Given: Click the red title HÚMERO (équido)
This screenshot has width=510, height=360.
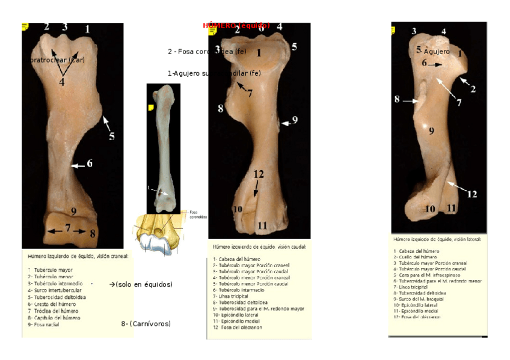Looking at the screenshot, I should click(236, 26).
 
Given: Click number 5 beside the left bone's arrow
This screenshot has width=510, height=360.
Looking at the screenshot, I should click(111, 136).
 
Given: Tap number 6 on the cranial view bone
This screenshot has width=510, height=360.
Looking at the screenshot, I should click(90, 163).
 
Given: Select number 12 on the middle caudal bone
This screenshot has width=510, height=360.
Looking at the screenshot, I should click(259, 174).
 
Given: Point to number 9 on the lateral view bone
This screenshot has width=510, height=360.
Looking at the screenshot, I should click(431, 131).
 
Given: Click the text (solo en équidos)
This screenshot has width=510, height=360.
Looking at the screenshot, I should click(141, 284).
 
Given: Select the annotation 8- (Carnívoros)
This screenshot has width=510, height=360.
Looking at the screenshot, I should click(146, 324).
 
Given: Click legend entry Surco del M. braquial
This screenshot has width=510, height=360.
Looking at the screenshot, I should click(419, 299).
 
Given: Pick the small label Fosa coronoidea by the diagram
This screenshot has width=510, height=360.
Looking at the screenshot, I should click(198, 214).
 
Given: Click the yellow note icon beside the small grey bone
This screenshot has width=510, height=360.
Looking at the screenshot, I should click(151, 107).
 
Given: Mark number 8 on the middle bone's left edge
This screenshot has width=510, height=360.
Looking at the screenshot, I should click(221, 109).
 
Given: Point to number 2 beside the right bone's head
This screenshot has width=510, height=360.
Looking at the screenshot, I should click(473, 90).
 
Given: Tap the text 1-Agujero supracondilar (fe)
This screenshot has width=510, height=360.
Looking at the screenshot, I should click(214, 73).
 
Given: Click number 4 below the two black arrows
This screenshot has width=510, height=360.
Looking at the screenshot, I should click(61, 82).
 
